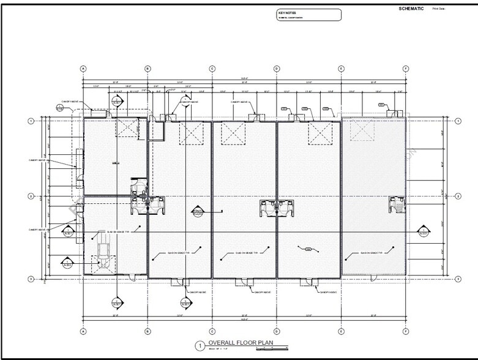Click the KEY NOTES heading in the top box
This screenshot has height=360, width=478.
[287, 12]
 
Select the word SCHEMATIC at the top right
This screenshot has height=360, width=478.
[411, 9]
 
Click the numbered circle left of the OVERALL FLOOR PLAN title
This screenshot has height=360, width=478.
[199, 346]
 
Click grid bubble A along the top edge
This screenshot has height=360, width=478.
[83, 69]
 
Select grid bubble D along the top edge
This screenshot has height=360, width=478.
[277, 69]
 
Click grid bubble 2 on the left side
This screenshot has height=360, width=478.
[31, 196]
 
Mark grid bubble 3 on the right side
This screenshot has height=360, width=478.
[457, 279]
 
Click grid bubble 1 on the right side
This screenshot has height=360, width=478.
[457, 121]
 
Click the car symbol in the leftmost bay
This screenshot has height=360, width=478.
[102, 252]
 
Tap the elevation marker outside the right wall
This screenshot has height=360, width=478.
[422, 231]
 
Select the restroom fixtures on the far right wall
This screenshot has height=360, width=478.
[396, 204]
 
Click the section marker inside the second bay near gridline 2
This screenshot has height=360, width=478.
[198, 212]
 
